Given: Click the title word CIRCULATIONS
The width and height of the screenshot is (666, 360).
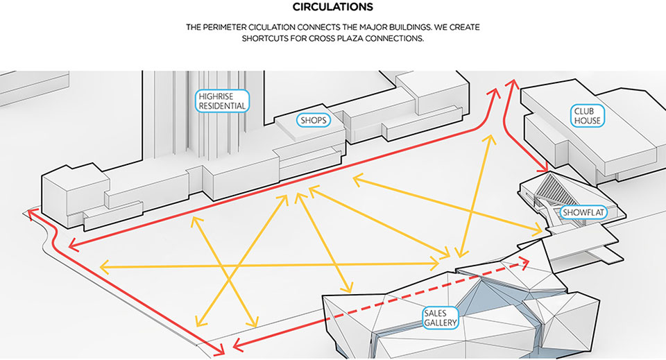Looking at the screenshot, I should (x=332, y=8).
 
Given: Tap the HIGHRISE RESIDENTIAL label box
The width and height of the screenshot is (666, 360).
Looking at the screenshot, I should (x=221, y=101).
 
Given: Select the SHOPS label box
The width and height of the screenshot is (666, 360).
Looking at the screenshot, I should (x=312, y=120).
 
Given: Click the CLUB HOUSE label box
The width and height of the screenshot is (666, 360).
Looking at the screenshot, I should (x=587, y=116).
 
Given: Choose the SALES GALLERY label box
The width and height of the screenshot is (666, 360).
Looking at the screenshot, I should (x=439, y=318).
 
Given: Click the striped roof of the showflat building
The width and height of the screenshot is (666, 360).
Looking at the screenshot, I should (x=555, y=187).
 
